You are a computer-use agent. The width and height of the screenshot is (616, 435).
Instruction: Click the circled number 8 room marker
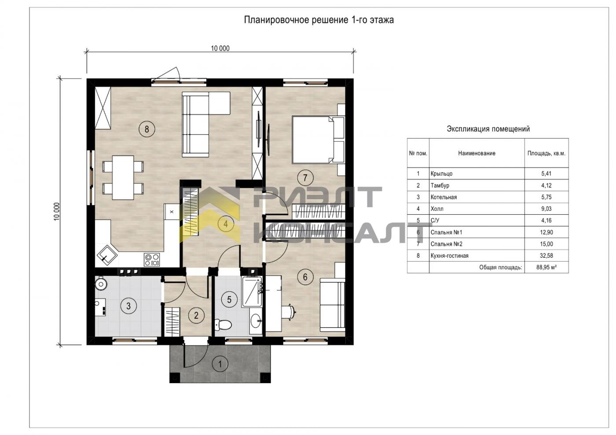pos(147,129)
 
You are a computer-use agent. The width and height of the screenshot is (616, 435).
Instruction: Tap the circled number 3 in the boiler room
pos(128,306)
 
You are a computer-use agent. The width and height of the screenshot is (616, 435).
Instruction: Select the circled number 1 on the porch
pos(220,364)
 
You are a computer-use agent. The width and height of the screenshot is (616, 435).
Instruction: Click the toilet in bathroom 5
pos(223,325)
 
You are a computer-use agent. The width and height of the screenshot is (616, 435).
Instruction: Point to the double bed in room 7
pos(318,139)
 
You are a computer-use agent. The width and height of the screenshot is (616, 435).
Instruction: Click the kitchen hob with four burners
pos(151,260)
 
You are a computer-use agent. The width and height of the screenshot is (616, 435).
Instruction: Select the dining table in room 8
pos(123,178)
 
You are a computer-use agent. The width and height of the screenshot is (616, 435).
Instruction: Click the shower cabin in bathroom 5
pos(252,292)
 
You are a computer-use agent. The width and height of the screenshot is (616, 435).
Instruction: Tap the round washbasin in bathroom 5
pos(256,321)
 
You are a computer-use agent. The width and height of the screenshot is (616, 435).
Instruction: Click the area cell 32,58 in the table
pos(546,256)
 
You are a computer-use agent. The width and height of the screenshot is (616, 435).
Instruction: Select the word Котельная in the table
pos(444,197)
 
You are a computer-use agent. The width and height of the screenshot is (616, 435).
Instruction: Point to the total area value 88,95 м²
pos(546,267)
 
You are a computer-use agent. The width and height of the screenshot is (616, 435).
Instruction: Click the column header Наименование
pos(477,153)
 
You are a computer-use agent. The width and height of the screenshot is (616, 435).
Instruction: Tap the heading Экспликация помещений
pos(488,129)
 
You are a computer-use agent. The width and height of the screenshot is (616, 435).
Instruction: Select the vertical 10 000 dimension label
pos(56,212)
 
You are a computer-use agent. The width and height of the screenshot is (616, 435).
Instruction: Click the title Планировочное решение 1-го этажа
pos(319,20)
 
